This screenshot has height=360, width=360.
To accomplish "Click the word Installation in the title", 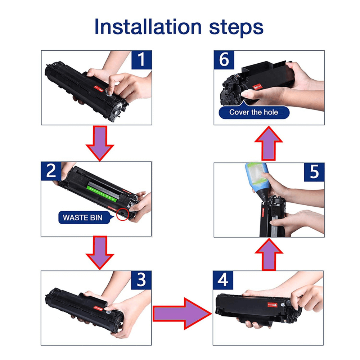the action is coord(148,27).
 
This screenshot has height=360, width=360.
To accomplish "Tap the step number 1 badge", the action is coord(141,60).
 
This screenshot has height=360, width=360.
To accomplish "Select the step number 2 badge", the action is coord(51,171).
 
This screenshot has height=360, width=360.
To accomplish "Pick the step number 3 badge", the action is coord(141,280).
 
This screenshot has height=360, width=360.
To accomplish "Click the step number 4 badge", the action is coord(223,280).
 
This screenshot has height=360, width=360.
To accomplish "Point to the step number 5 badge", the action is coord(314,172).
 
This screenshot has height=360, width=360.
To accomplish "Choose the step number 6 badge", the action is coord(224,60).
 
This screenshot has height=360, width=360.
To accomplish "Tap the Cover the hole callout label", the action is coord(254,112).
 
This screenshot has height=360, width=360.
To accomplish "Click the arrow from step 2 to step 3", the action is coord(100,253).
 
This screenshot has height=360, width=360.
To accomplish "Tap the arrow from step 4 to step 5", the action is coord(269,255).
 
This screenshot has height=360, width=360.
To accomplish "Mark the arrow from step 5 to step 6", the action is coord(269,144).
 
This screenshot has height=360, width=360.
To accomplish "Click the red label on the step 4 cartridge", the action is coord(272,305).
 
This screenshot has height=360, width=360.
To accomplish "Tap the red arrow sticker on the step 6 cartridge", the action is coord(257,87).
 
